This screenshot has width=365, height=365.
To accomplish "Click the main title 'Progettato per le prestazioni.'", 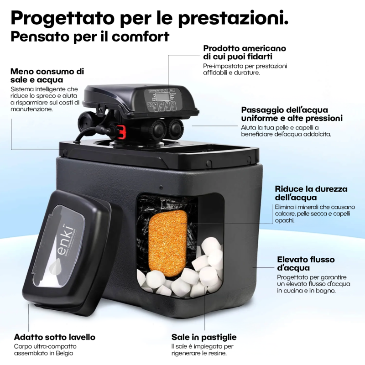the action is click(x=150, y=18).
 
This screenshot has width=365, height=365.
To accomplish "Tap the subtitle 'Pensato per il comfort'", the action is click(x=90, y=37).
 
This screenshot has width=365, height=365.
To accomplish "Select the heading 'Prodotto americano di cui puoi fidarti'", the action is click(x=245, y=52).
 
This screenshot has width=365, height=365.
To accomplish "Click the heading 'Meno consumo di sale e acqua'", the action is click(x=47, y=75).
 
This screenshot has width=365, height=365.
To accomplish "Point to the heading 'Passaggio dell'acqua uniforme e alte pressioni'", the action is click(x=292, y=114).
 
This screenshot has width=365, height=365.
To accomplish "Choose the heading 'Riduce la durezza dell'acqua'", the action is click(x=311, y=193).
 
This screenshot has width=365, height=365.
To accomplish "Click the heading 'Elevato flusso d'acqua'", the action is click(x=306, y=264).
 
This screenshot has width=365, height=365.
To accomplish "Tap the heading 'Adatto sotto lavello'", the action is click(x=55, y=337).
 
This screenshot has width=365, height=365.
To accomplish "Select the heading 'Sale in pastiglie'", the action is click(x=204, y=337).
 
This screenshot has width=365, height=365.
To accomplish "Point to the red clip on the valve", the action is click(x=121, y=131).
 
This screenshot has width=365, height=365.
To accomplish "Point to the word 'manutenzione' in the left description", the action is click(x=31, y=109).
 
